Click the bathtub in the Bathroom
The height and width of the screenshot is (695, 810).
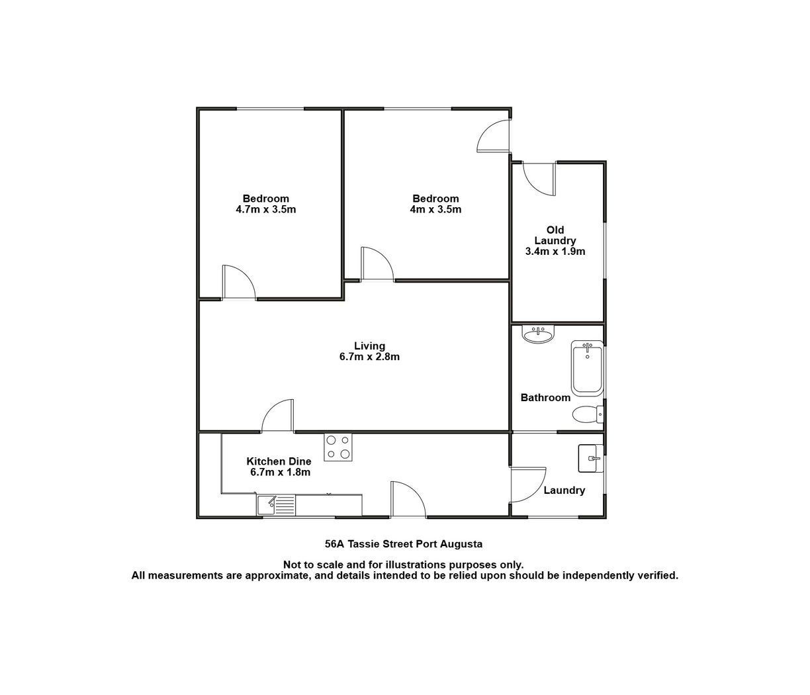point(586,368)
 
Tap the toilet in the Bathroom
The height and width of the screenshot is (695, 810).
point(588,414)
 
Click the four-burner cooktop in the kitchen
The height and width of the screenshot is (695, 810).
point(337,447)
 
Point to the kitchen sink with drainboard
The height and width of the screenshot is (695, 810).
point(276,505)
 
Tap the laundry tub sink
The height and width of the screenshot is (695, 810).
point(591,458)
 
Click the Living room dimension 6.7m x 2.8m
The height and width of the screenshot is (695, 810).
point(369,357)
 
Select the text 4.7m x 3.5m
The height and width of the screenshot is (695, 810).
point(265,209)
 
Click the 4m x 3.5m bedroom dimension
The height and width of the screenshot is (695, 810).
point(435,209)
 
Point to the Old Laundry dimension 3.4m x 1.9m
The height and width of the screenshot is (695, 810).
point(555,252)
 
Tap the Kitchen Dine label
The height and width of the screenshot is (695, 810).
point(279,461)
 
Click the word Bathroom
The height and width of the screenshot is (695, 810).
point(545,398)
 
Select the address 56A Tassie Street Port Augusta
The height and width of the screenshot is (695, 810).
point(404,544)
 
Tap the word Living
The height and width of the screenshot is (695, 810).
point(369,346)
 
